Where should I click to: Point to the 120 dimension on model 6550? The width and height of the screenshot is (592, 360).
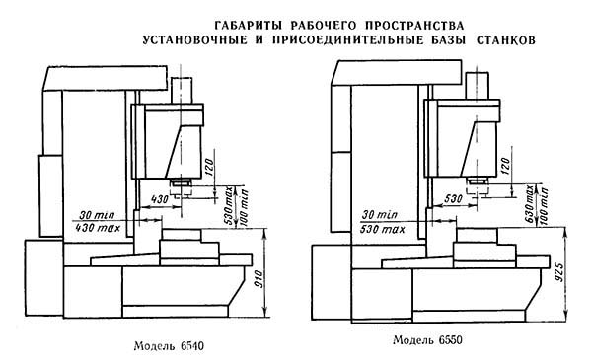505,161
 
